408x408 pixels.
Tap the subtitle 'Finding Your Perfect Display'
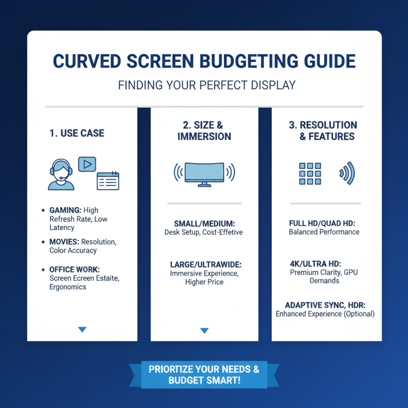coord(207,85)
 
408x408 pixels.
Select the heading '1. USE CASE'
coord(77,134)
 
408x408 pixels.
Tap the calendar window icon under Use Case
coord(108,181)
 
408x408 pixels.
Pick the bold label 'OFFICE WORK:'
coord(74,269)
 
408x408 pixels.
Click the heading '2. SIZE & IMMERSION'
coord(204,131)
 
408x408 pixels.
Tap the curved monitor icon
coord(204,172)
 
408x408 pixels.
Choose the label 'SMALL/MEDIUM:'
coord(204,223)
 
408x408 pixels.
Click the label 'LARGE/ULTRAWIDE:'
coord(204,264)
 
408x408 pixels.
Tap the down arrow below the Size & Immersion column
coord(205,330)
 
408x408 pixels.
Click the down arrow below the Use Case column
coord(82,330)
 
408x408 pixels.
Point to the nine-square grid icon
coord(310,174)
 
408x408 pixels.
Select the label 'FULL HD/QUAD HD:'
coord(324,223)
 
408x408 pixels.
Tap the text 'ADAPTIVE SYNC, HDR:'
coord(325,304)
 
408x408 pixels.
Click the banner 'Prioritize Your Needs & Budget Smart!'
coord(204,375)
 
